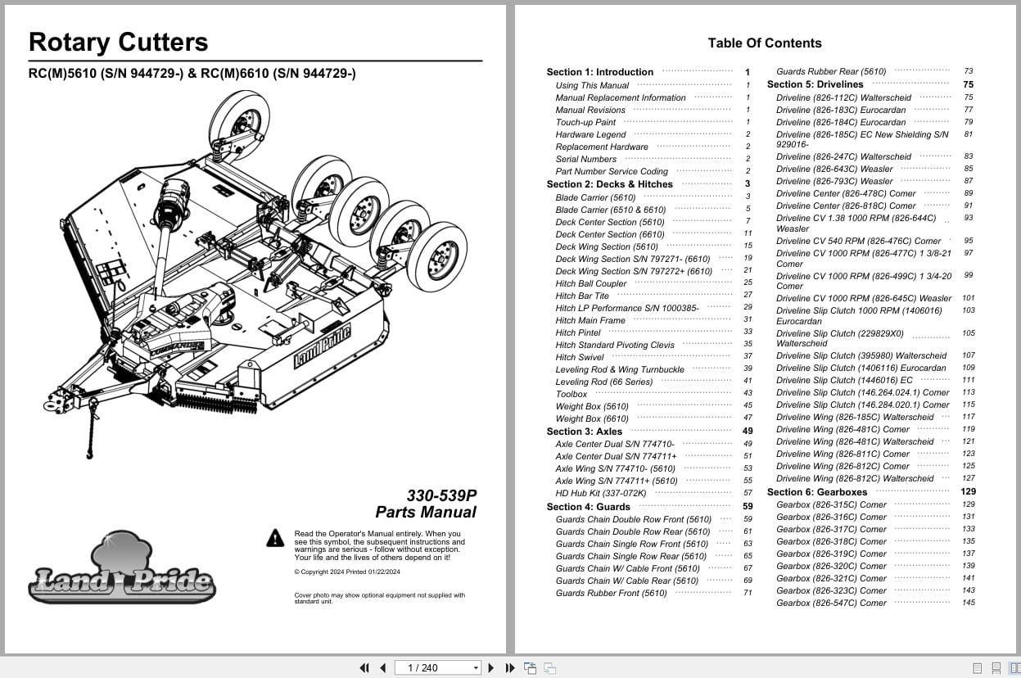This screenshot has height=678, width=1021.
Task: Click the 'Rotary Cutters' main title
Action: click(x=118, y=43)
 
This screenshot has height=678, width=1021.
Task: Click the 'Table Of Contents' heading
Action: click(x=764, y=43)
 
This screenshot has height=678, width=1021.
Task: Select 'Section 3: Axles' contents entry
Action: click(x=585, y=432)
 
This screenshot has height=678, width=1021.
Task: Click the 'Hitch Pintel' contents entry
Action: click(x=578, y=332)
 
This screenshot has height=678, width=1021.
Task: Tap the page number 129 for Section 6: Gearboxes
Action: click(x=968, y=492)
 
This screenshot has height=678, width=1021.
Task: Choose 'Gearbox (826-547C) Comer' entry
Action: click(x=831, y=603)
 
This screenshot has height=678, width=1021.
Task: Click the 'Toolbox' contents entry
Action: click(x=571, y=394)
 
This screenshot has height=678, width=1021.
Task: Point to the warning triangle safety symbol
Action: click(x=275, y=538)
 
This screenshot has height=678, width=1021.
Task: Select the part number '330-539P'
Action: click(x=441, y=495)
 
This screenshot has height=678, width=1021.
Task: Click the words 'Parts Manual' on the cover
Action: click(x=426, y=513)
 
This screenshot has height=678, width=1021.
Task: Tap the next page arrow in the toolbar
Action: click(x=491, y=668)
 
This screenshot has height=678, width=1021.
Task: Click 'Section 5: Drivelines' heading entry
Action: click(x=815, y=84)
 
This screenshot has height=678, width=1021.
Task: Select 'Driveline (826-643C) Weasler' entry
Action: click(x=834, y=169)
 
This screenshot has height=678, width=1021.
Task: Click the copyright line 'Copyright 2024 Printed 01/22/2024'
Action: click(x=347, y=572)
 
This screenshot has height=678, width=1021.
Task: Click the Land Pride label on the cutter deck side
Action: click(x=322, y=346)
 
